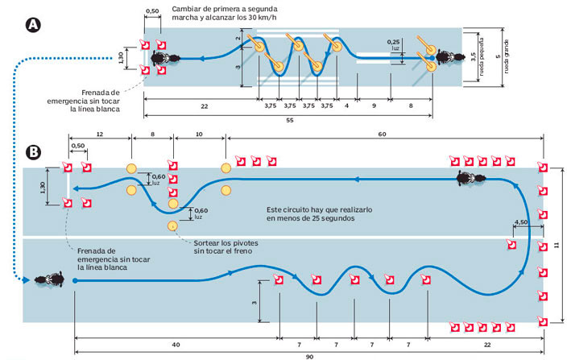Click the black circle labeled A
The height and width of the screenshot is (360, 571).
pos(34,25)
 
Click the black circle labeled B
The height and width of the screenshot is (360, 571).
pos(34,151)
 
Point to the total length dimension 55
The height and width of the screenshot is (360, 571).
pos(289,120)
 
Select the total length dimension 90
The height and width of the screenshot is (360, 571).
pos(309,357)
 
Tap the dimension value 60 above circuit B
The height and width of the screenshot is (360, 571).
pos(382,134)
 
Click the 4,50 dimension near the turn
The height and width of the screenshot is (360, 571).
pos(521,222)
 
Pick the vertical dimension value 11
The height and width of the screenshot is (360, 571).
pos(556,246)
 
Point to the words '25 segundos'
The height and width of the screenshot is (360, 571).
pos(333,218)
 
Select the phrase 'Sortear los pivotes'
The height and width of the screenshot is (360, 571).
pos(226,242)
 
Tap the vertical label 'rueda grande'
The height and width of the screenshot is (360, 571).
pos(507,56)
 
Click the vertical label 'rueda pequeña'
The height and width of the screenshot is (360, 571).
pos(482,57)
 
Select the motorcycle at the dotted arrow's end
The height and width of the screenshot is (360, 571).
pos(49,279)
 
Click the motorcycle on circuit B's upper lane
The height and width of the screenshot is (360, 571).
pos(471,178)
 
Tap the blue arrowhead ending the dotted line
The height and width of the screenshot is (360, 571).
pos(26,280)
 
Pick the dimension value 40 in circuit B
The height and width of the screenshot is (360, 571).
pos(176,345)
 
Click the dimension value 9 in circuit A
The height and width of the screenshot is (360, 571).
pos(374,106)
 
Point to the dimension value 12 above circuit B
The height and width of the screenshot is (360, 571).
pos(100,134)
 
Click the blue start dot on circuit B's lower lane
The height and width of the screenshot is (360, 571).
pos(75,280)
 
